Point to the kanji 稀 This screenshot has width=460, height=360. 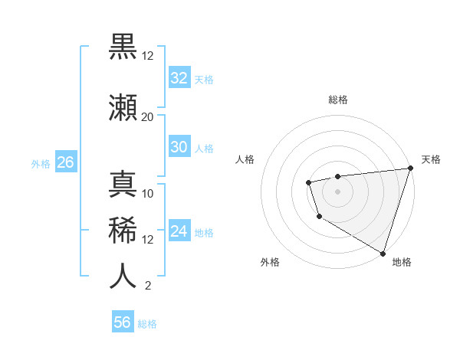[123, 229]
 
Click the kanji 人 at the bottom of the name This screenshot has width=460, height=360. [123, 275]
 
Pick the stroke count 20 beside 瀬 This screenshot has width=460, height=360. [148, 116]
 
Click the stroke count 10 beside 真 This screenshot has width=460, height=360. [148, 193]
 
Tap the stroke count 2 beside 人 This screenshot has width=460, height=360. [147, 286]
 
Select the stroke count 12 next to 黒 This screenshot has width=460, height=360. [148, 55]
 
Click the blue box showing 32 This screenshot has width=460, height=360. [179, 77]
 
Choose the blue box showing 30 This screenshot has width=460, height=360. [179, 147]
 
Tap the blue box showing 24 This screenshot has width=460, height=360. [179, 231]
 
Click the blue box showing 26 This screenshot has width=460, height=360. [64, 162]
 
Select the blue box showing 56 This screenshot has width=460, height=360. [122, 322]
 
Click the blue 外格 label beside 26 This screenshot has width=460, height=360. [41, 164]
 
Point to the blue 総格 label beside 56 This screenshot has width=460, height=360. [147, 324]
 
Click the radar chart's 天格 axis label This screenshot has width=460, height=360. [431, 159]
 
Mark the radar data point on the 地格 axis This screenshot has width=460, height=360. [382, 252]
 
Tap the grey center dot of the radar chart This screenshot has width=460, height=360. [337, 191]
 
